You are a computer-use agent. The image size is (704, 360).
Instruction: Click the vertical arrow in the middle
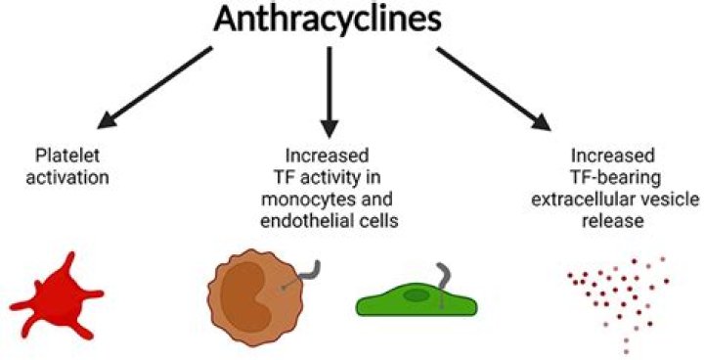(x=330, y=94)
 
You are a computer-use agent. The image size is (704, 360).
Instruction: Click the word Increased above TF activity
(x=329, y=157)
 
